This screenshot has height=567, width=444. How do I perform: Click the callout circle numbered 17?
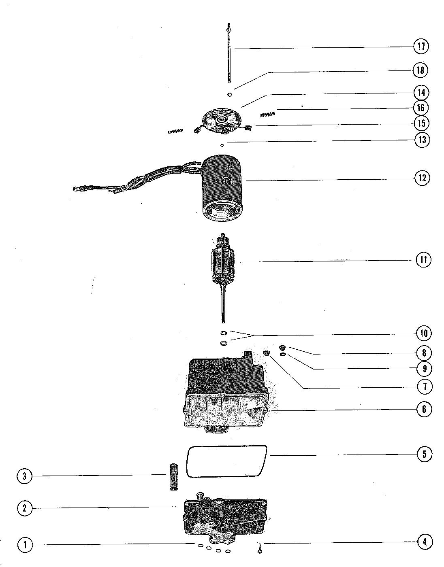pos(421,46)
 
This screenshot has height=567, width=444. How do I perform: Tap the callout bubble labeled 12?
pos(422,178)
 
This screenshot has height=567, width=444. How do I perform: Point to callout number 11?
pos(424,260)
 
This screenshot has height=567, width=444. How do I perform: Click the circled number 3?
pos(24,476)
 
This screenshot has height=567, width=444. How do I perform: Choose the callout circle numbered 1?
pos(24,545)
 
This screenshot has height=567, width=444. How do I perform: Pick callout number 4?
pos(425,542)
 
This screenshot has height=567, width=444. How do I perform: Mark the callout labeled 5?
pos(425,454)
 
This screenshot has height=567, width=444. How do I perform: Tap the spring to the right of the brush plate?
pos(267,115)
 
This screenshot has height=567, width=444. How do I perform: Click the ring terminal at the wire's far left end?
pos(75,188)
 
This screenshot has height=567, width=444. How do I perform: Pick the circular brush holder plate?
pos(222,121)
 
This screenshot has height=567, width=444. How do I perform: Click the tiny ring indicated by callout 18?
pos(230,95)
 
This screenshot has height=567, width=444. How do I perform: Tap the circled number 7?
pos(425,386)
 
